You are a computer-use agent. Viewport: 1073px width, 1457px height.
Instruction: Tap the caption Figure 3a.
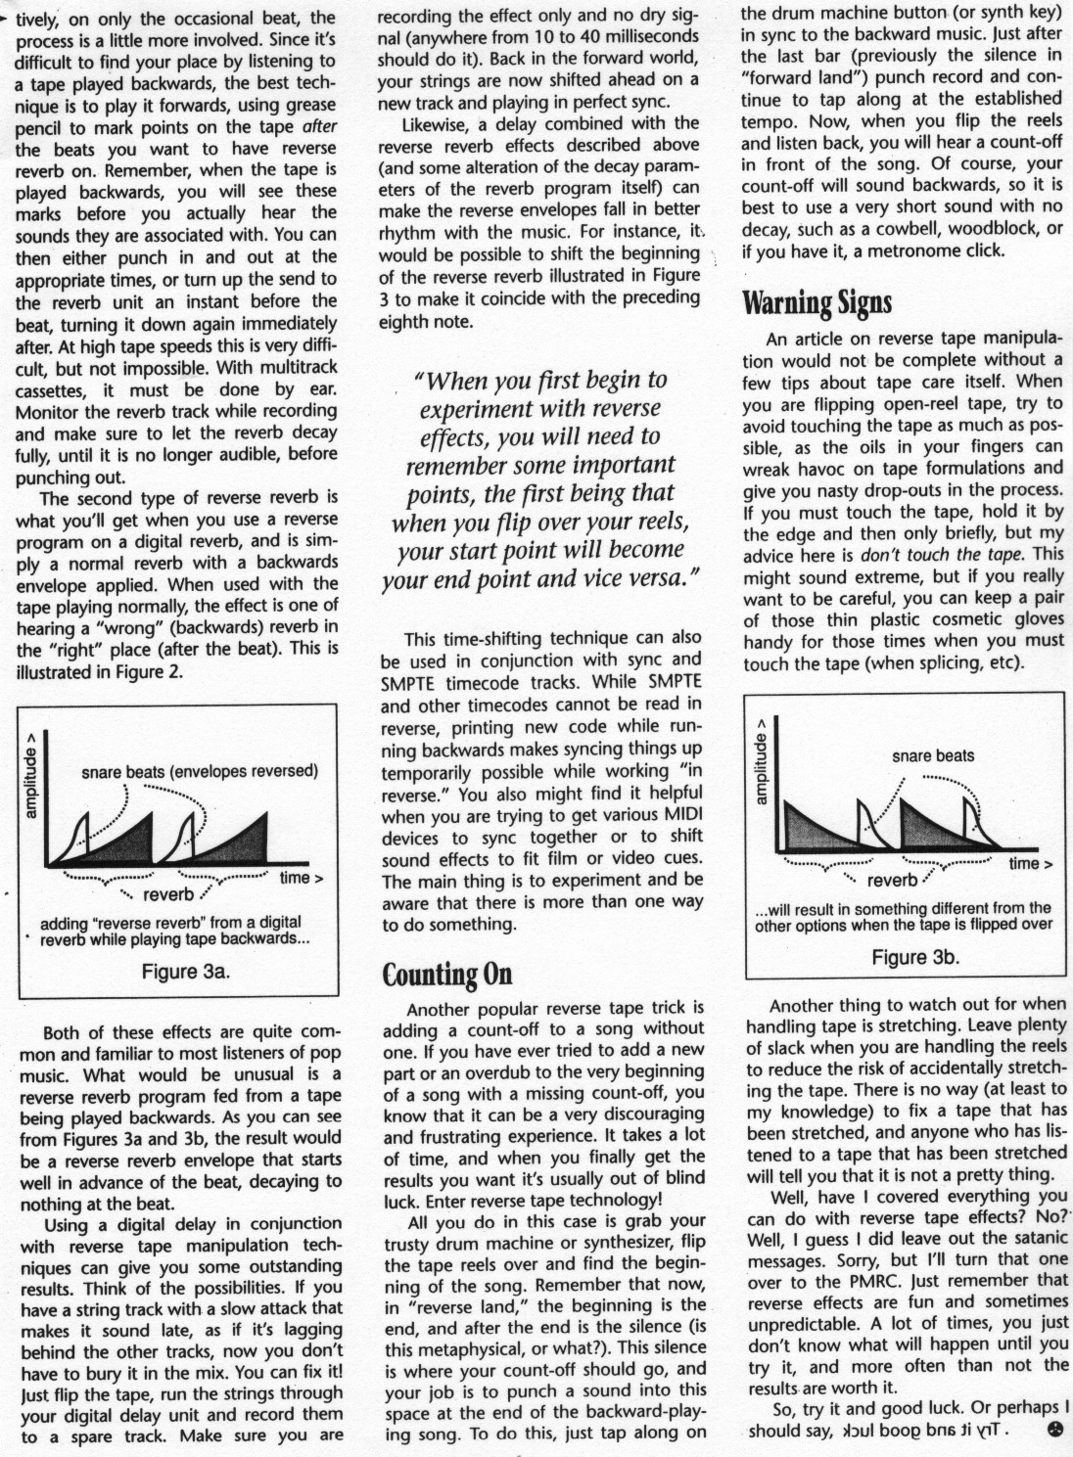point(186,972)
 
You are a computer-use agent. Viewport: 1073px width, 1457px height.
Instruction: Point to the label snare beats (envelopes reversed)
point(200,771)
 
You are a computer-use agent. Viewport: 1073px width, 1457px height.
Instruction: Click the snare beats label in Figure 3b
point(933,755)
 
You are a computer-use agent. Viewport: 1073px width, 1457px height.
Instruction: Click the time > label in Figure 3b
point(1031,863)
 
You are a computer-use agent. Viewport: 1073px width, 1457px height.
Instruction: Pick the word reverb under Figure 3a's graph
point(168,894)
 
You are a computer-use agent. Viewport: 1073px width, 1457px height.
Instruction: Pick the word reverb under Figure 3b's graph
point(891,880)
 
